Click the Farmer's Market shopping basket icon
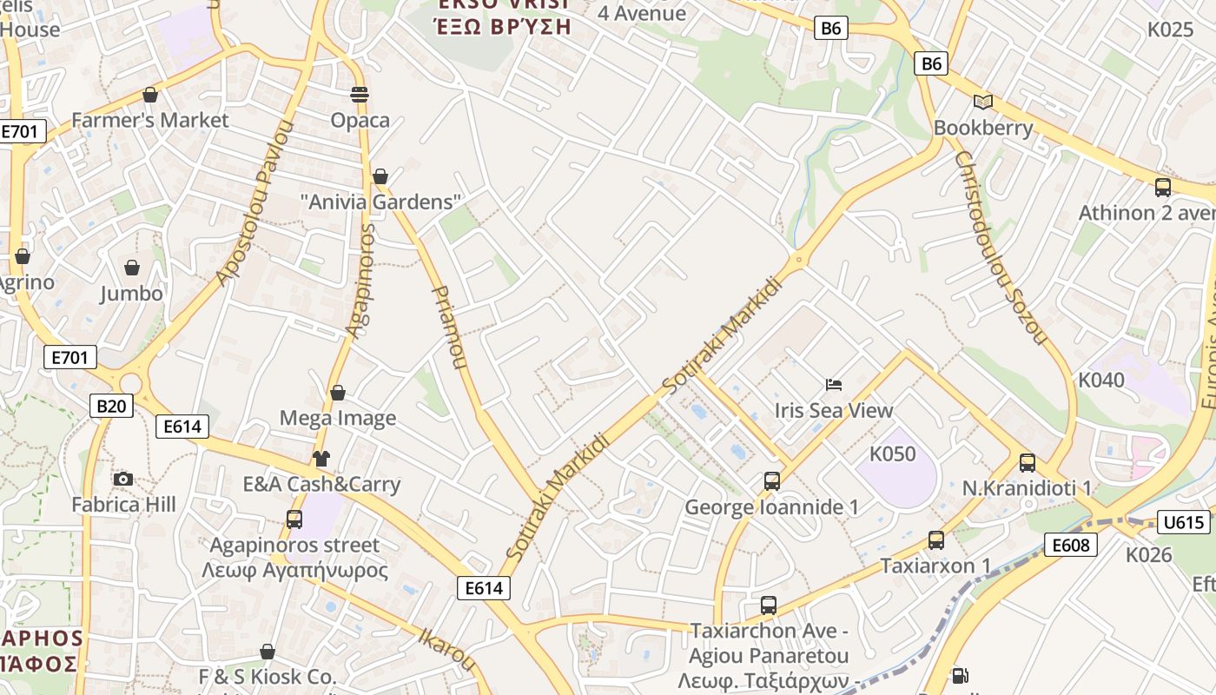pos(150,94)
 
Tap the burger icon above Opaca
pos(360,94)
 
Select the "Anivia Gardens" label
pos(380,202)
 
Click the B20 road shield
pos(111,405)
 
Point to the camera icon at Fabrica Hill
pos(123,479)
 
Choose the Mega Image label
pos(338,418)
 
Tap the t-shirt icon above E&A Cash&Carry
pos(321,458)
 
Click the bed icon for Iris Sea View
pos(834,384)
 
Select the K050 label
pos(893,453)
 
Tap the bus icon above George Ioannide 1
pos(771,480)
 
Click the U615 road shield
pos(1183,522)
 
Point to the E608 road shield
pos(1070,545)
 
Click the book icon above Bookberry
pos(982,102)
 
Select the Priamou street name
pos(449,327)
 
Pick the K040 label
pos(1100,380)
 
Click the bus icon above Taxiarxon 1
pos(935,539)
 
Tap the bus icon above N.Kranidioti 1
pos(1027,462)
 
